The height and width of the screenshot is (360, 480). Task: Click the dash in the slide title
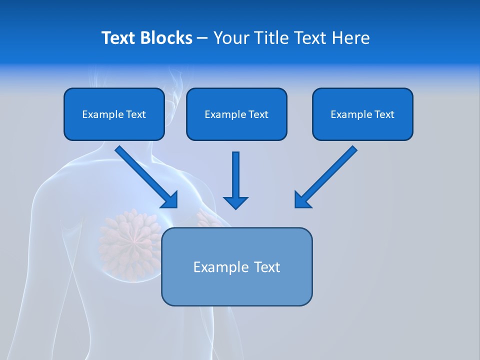(202, 38)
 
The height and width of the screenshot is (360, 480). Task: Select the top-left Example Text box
(114, 114)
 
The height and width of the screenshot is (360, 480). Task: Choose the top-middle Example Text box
(236, 114)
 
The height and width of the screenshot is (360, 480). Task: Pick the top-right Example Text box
(362, 114)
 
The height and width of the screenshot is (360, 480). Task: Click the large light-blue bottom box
(236, 266)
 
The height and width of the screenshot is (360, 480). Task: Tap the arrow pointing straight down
(235, 180)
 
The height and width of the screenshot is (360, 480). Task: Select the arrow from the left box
(146, 176)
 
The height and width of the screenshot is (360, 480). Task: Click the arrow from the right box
(326, 176)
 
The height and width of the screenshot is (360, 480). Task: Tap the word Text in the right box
(384, 114)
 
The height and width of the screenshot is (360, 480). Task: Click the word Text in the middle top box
(258, 114)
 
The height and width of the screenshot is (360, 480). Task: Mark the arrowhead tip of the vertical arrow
(235, 208)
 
